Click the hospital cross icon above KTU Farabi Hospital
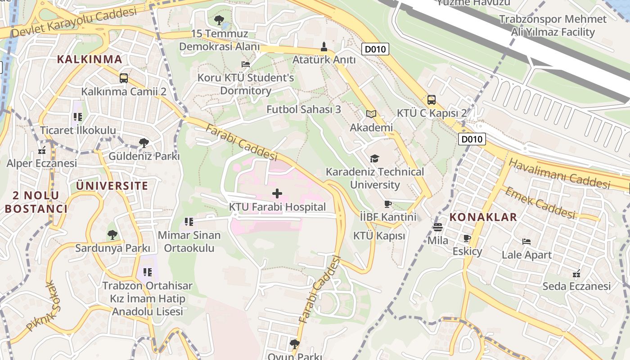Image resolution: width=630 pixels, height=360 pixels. pyautogui.click(x=277, y=193)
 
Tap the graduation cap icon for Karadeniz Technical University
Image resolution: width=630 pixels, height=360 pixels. pyautogui.click(x=374, y=158)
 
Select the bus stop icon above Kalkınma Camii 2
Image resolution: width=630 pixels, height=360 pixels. pyautogui.click(x=124, y=78)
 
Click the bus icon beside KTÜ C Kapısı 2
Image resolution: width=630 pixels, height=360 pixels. pyautogui.click(x=431, y=100)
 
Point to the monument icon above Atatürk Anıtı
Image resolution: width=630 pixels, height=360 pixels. pyautogui.click(x=324, y=46)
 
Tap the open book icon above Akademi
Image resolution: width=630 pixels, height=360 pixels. pyautogui.click(x=371, y=114)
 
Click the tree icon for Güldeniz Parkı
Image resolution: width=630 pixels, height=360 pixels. pyautogui.click(x=144, y=143)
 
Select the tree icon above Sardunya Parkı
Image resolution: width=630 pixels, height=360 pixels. pyautogui.click(x=112, y=234)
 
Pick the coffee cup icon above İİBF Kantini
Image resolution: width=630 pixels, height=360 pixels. pyautogui.click(x=388, y=204)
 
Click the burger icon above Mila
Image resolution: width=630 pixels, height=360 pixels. pyautogui.click(x=437, y=227)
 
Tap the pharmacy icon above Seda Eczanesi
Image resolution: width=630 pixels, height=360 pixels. pyautogui.click(x=576, y=273)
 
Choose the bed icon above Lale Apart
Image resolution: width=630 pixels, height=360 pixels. pyautogui.click(x=526, y=242)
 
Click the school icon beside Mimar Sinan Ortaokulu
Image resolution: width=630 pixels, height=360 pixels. pyautogui.click(x=189, y=222)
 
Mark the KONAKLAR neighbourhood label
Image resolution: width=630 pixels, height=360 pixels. pyautogui.click(x=483, y=217)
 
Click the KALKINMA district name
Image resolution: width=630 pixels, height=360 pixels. pyautogui.click(x=90, y=59)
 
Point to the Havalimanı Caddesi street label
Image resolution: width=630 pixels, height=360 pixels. pyautogui.click(x=559, y=174)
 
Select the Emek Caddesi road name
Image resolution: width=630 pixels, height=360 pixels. pyautogui.click(x=540, y=203)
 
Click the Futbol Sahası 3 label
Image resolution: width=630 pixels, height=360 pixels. pyautogui.click(x=304, y=109)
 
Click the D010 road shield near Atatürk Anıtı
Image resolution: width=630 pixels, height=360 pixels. pyautogui.click(x=375, y=49)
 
